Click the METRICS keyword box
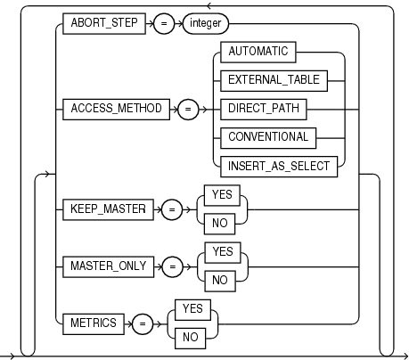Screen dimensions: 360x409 click(92, 323)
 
